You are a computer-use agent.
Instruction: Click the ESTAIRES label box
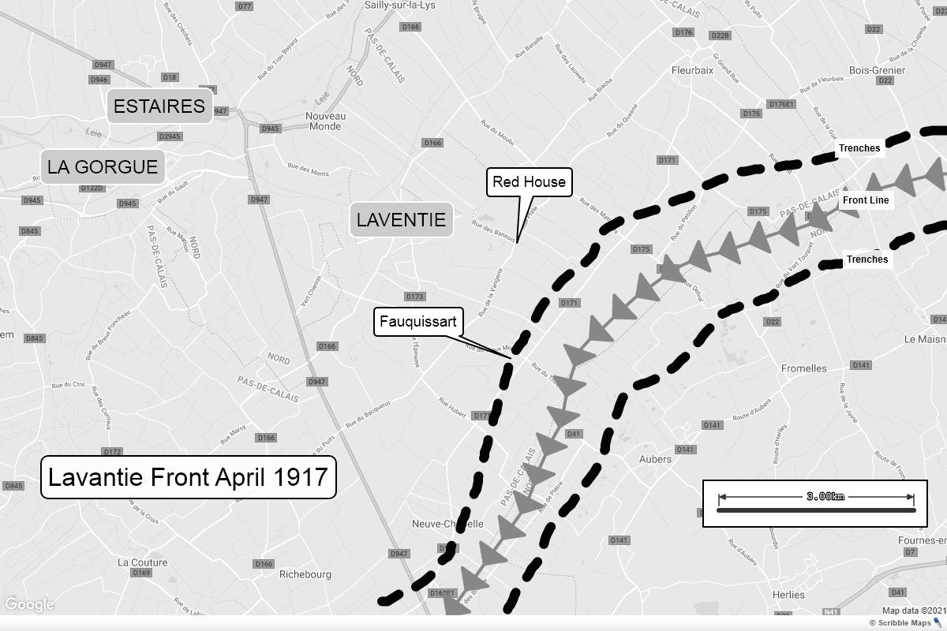click(x=159, y=106)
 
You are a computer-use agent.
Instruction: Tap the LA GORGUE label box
click(x=103, y=167)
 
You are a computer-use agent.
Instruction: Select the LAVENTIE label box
click(x=401, y=220)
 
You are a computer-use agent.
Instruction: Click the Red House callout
click(x=529, y=182)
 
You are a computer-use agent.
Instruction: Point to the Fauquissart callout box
click(x=417, y=322)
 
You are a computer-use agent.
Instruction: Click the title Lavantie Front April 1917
click(x=188, y=477)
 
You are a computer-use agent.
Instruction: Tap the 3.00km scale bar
click(x=815, y=503)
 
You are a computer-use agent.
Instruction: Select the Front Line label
click(x=866, y=200)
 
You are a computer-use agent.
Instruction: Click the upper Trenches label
click(x=859, y=148)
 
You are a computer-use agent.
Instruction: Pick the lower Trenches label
click(x=867, y=259)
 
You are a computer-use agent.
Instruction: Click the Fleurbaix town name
click(x=692, y=70)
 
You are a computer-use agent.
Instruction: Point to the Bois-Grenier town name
click(x=877, y=70)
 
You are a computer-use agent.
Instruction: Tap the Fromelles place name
click(x=803, y=368)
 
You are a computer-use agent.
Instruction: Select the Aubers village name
click(x=655, y=459)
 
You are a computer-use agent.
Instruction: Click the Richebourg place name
click(x=305, y=574)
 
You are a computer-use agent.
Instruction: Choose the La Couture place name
click(x=142, y=562)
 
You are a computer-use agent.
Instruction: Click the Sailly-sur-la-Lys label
click(x=399, y=6)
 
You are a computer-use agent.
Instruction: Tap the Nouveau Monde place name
click(x=325, y=121)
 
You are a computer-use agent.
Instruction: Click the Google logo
click(x=29, y=605)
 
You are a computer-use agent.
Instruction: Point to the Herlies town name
click(x=788, y=595)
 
